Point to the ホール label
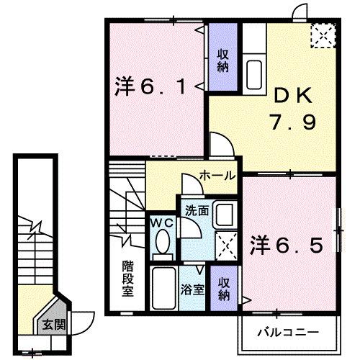pos(215,175)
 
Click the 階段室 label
pos(127,277)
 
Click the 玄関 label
pos(53,325)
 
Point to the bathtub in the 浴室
pos(165,288)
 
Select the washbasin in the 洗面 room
pos(224,215)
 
